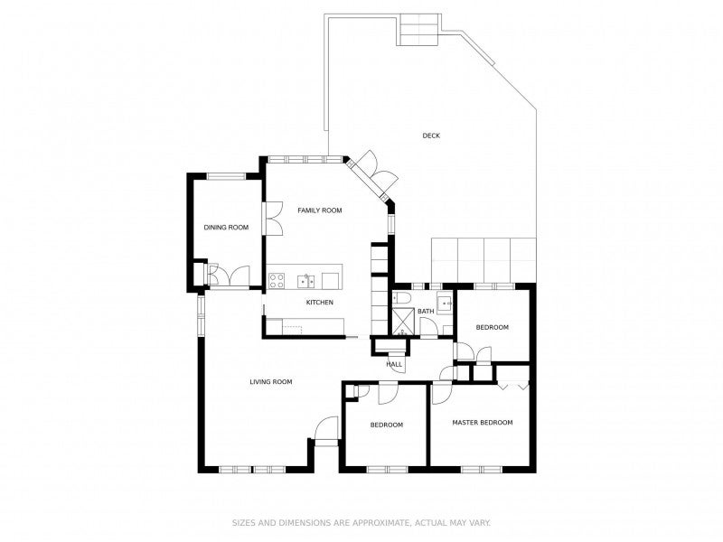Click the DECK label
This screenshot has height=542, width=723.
431,136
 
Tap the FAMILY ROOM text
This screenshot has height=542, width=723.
320,210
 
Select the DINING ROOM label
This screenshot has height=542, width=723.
226,228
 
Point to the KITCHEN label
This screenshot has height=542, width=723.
320,302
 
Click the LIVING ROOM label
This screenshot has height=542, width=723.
271,382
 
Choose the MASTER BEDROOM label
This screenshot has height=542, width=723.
483,423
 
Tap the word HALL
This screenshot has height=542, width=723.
394,364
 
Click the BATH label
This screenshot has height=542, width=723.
425,312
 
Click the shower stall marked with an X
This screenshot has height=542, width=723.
402,321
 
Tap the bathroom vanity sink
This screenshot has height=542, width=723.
444,303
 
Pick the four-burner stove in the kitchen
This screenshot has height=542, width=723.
277,279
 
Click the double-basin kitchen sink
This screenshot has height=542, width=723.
309,279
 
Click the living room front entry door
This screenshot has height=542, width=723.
325,431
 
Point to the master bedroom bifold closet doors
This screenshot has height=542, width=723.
512,384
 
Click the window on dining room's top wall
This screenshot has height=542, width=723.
226,175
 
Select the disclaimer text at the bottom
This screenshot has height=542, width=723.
361,522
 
